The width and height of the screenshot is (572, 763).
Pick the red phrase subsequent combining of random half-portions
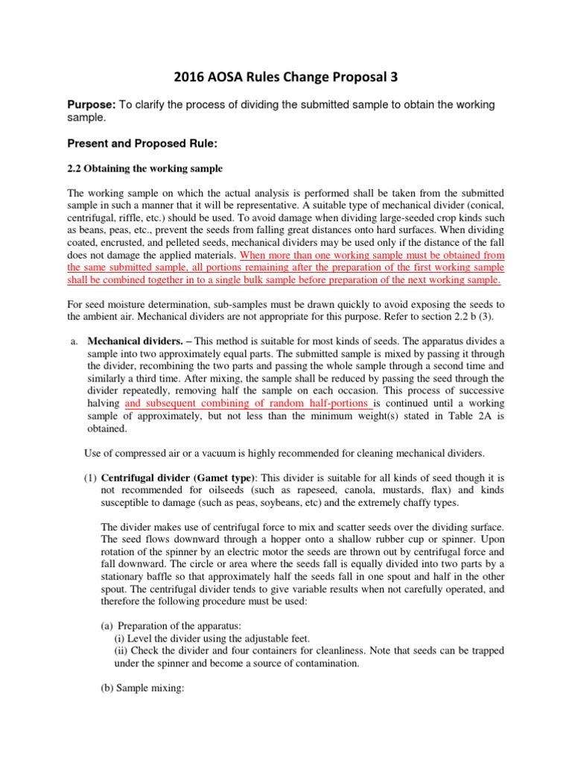247,403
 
